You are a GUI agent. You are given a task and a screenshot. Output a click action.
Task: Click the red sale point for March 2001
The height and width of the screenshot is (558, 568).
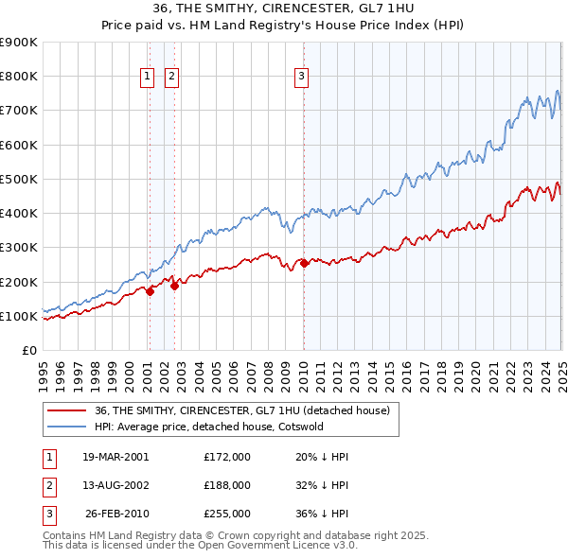150,291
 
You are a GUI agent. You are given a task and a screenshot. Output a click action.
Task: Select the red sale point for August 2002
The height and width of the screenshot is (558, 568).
174,286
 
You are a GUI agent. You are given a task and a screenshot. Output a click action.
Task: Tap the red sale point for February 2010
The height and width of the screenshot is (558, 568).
304,263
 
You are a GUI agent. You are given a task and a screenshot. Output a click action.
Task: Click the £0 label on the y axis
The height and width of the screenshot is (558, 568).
28,351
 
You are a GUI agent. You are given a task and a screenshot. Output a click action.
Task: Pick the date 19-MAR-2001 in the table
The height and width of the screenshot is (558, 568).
115,457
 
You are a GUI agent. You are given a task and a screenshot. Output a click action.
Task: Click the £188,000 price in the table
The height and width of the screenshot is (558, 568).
227,485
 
